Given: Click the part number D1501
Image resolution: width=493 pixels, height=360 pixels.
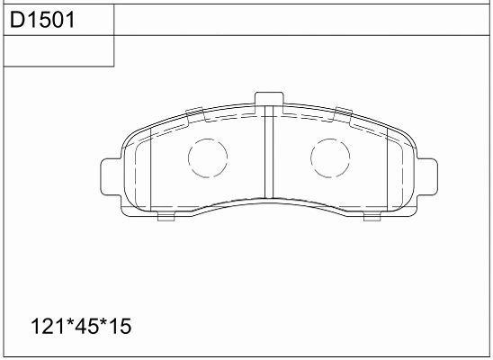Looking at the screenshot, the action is coord(42,20).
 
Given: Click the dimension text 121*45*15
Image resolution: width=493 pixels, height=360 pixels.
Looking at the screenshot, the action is coord(81,326).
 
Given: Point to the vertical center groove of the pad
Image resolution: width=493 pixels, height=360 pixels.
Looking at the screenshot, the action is coord(269,152).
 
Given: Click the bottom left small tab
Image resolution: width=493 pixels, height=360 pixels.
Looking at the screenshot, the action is coord(166,217).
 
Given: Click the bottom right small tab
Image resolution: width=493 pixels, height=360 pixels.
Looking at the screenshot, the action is coord(372,217).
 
